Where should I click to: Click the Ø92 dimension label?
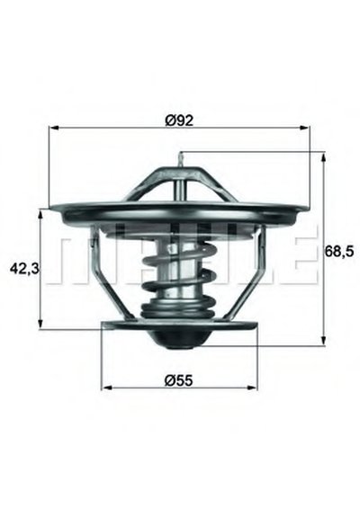[x=179, y=120]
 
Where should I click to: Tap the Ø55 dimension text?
[x=179, y=380]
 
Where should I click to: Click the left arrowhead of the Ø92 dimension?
[x=53, y=128]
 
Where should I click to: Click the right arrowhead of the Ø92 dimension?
[x=305, y=128]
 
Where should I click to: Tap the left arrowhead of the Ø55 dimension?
[x=106, y=388]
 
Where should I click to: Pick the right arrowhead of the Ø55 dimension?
[x=253, y=388]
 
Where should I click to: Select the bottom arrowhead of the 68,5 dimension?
[x=323, y=341]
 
